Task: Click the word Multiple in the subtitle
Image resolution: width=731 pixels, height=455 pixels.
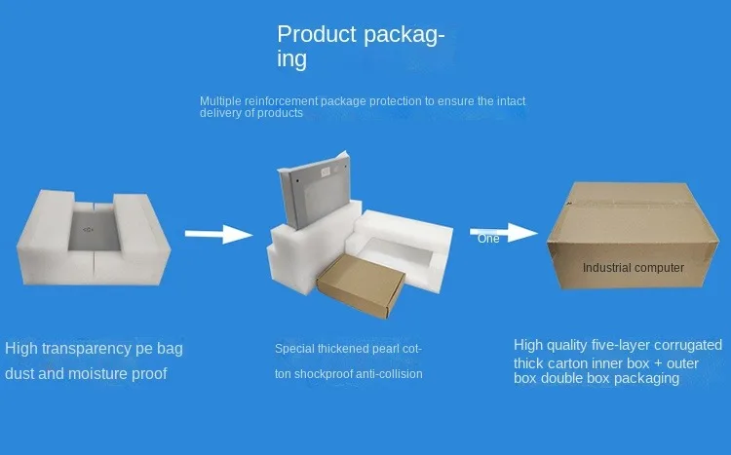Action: click(221, 100)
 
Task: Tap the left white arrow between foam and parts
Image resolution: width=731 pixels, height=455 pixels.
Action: click(219, 234)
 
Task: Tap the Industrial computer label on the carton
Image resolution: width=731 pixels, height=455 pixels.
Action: click(633, 267)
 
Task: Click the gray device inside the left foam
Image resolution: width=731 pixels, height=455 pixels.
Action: click(91, 231)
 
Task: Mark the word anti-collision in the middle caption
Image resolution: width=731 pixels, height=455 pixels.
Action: click(391, 373)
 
